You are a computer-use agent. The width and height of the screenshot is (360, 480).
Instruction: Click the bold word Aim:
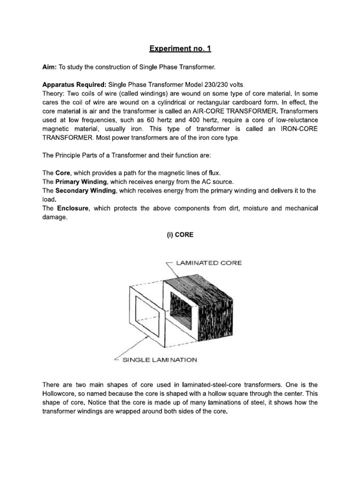click(50, 68)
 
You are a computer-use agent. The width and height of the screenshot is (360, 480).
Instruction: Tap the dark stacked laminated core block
click(206, 309)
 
